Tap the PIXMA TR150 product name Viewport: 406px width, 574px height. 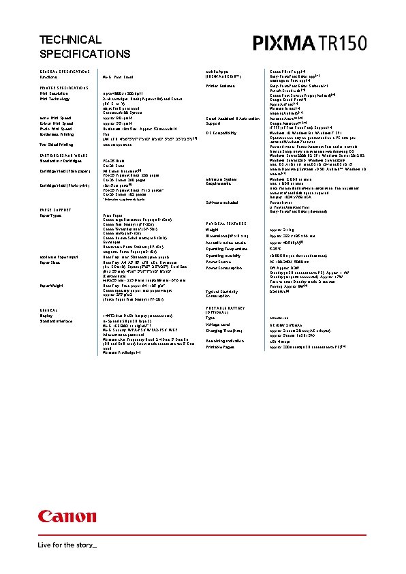click(x=310, y=44)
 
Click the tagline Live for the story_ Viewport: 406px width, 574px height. click(x=68, y=545)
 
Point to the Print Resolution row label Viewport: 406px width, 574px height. click(x=55, y=93)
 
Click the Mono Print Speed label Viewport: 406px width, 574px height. click(x=56, y=118)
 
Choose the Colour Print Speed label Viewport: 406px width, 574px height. click(x=57, y=123)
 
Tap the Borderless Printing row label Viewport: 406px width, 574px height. click(x=58, y=134)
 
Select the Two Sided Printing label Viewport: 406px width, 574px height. click(x=57, y=145)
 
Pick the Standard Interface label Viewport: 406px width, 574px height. click(x=59, y=321)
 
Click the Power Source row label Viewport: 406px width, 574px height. click(x=219, y=261)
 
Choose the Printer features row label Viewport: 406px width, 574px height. click(x=221, y=86)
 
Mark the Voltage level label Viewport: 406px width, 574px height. click(x=219, y=324)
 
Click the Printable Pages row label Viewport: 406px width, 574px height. click(x=220, y=347)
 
